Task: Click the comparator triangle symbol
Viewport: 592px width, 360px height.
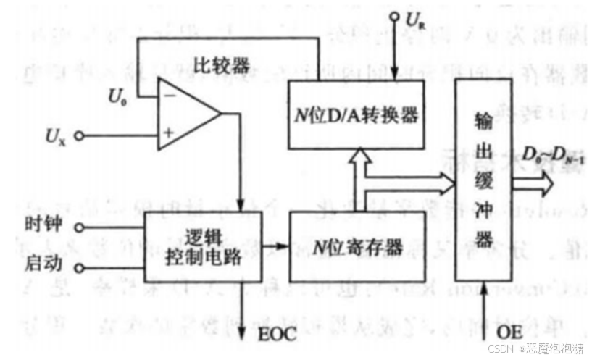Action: point(187,115)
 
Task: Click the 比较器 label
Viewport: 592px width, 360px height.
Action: point(222,66)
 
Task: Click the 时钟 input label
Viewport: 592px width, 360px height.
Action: point(38,226)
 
